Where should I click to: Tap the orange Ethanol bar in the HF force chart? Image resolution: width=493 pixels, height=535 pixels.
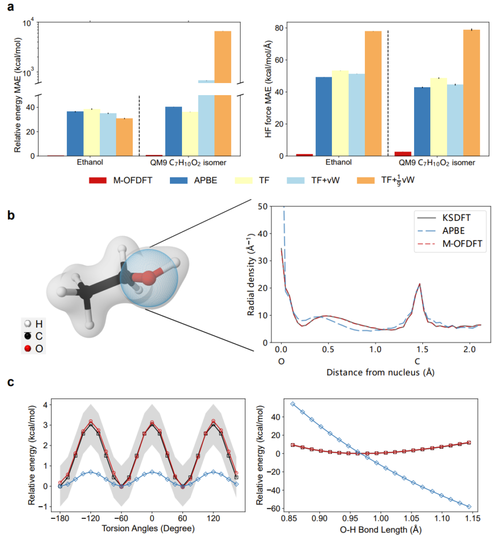(373, 94)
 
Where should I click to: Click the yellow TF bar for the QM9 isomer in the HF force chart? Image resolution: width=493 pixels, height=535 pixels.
(438, 117)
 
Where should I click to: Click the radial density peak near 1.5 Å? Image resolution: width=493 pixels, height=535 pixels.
(419, 284)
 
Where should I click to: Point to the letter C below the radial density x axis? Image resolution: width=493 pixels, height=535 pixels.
(418, 361)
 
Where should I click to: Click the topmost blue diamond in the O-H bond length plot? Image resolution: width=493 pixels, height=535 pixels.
(292, 404)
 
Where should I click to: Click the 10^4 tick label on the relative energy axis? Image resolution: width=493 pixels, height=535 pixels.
(27, 22)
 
